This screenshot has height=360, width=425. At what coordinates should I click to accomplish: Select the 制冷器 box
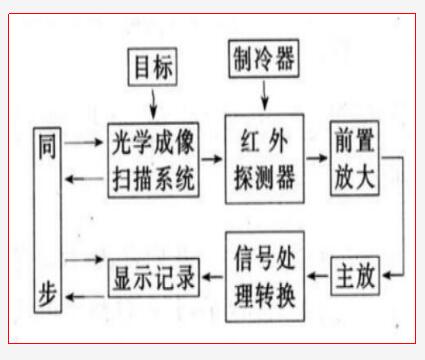tap(263, 57)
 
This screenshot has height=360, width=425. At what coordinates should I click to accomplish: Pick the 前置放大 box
tap(355, 159)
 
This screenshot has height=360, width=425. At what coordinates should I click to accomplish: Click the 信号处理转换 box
tap(263, 275)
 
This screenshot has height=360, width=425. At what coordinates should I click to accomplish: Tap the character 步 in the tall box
tap(47, 296)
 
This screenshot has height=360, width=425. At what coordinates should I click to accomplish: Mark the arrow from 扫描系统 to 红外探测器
tap(211, 158)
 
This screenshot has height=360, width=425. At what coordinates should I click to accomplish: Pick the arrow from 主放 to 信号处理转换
tap(318, 275)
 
